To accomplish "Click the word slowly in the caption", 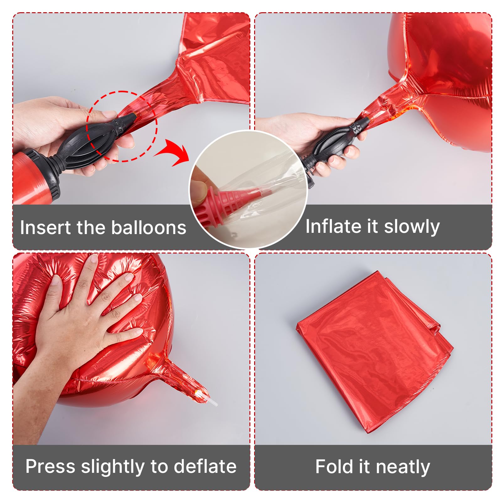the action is (412, 227).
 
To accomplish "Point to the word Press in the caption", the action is (50, 466).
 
